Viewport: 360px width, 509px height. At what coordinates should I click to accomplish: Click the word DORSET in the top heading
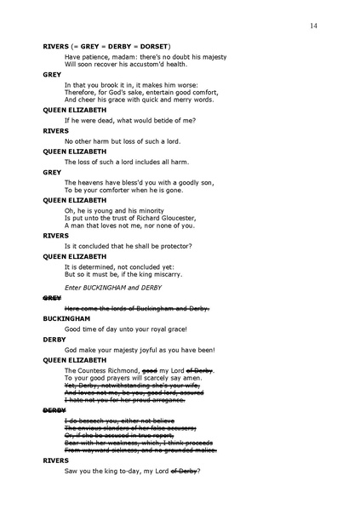tap(153, 45)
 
